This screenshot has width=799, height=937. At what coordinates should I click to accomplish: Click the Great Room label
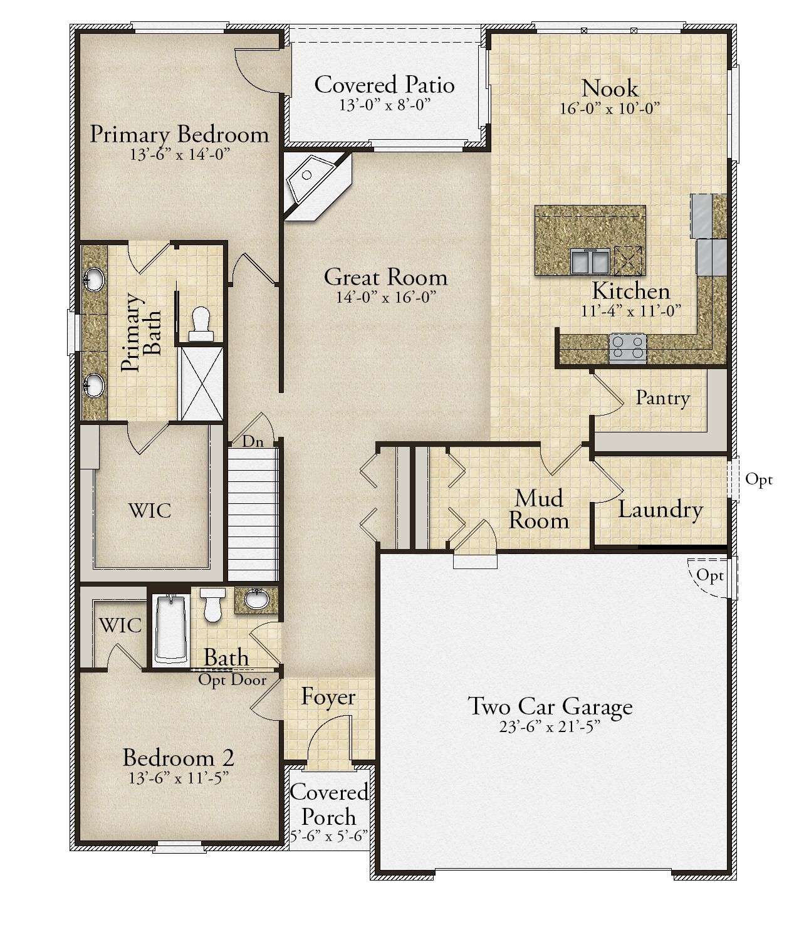[x=385, y=278]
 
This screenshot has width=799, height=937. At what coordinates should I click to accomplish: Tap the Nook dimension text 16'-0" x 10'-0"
[x=610, y=109]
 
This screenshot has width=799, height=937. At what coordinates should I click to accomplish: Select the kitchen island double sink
[x=590, y=261]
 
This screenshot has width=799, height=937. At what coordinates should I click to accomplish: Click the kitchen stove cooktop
[x=628, y=348]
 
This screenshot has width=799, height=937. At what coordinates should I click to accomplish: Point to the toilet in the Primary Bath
[x=201, y=324]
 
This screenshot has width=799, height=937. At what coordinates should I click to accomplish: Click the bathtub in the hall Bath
[x=171, y=631]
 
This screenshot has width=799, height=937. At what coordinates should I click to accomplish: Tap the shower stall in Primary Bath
[x=202, y=384]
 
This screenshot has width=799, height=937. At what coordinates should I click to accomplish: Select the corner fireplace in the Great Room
[x=317, y=186]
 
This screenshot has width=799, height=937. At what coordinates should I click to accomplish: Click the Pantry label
[x=662, y=398]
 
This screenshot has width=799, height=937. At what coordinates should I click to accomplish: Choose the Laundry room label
[x=661, y=510]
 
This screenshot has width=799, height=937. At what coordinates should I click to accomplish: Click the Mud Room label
[x=539, y=509]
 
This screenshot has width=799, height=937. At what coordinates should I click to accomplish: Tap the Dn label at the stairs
[x=253, y=441]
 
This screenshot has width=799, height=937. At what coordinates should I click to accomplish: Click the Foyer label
[x=328, y=697]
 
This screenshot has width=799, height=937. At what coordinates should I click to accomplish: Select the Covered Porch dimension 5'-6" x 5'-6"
[x=328, y=835]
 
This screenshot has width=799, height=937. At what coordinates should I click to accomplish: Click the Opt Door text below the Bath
[x=232, y=680]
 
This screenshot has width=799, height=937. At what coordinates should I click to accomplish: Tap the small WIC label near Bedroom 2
[x=120, y=626]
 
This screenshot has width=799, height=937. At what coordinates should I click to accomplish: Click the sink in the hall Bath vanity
[x=256, y=600]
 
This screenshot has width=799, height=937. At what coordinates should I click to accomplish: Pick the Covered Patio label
[x=384, y=85]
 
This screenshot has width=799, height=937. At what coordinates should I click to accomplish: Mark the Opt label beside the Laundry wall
[x=759, y=479]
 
